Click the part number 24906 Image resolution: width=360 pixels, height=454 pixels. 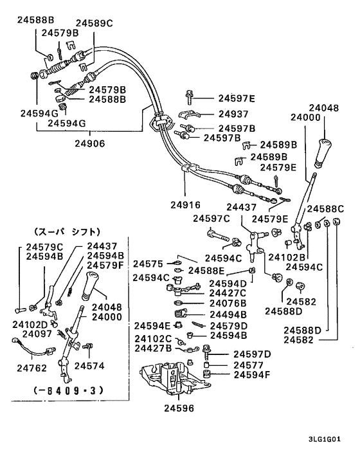click(x=90, y=143)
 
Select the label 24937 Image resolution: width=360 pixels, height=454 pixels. click(x=233, y=114)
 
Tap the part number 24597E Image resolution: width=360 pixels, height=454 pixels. click(x=237, y=98)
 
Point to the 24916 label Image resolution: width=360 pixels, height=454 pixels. click(x=185, y=205)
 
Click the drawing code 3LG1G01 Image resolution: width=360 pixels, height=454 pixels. click(x=325, y=439)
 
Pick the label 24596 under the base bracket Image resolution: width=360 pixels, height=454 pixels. click(x=179, y=408)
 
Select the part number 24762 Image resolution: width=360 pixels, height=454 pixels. click(x=32, y=368)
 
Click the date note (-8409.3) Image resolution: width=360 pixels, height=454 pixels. click(x=68, y=390)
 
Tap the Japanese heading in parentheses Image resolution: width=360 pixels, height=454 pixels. click(x=67, y=232)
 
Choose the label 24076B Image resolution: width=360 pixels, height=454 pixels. click(x=228, y=303)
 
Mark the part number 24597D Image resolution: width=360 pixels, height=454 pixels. click(x=252, y=354)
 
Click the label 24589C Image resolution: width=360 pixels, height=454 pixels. click(x=94, y=23)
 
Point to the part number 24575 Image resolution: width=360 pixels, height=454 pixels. click(x=148, y=264)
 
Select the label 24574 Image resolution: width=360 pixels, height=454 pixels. click(x=89, y=366)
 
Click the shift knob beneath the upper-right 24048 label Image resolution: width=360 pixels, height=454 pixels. click(x=323, y=153)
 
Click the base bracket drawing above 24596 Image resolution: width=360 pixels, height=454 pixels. click(x=175, y=377)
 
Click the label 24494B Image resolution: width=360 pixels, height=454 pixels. click(x=228, y=314)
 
